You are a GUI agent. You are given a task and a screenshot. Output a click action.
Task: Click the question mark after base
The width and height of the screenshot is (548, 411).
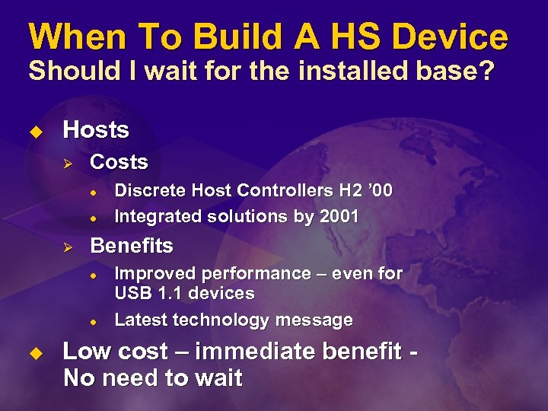[487, 72]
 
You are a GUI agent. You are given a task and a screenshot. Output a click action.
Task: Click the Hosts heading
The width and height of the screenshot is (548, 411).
[96, 130]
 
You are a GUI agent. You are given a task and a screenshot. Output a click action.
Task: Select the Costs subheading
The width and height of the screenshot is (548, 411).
[119, 162]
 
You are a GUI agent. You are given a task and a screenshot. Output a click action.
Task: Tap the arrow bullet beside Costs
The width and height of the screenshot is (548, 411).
[66, 162]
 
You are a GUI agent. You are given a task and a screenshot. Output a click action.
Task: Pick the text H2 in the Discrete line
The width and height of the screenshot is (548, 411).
[346, 191]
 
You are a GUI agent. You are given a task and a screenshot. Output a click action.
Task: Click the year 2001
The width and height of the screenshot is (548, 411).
[338, 216]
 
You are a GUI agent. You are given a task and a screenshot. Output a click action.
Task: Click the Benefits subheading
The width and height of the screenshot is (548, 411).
[132, 246]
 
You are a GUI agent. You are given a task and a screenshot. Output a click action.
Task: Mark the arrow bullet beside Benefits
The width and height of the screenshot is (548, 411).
[66, 247]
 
